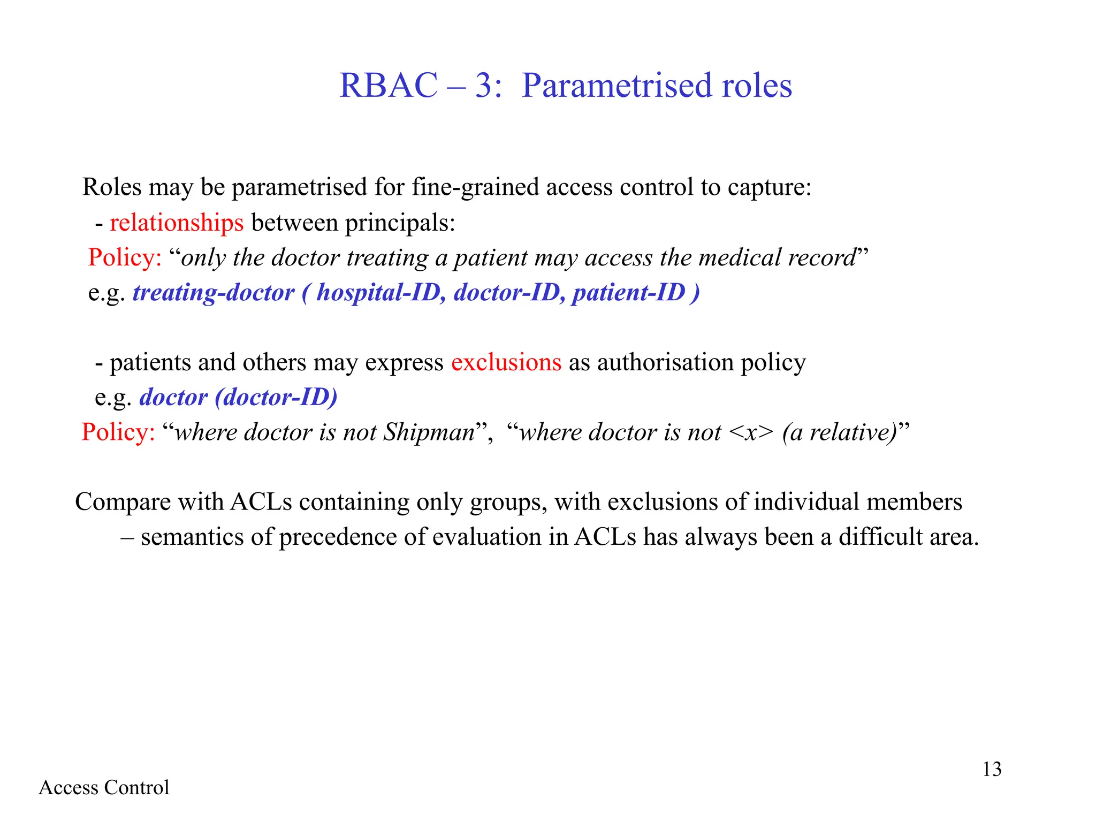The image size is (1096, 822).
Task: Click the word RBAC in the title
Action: tap(388, 86)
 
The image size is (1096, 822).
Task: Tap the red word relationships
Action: tap(177, 223)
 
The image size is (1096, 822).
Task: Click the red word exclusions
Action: tap(506, 362)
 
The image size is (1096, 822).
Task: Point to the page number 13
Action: tap(992, 769)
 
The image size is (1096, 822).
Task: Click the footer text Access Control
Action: tap(104, 787)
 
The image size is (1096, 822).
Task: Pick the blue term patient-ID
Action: tap(629, 293)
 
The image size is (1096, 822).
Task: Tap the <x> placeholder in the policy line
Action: tap(751, 432)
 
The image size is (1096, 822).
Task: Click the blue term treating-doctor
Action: tap(214, 293)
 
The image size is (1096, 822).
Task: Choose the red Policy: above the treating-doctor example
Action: tap(125, 257)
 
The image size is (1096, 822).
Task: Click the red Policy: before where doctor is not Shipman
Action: tap(118, 432)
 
